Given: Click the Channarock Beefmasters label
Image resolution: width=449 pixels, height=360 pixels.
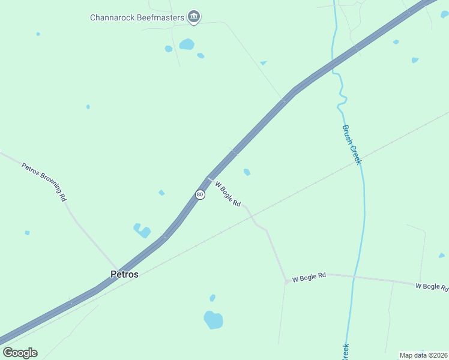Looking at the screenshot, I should [x=137, y=17].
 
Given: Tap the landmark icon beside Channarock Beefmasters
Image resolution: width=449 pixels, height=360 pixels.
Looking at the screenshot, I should [x=193, y=17].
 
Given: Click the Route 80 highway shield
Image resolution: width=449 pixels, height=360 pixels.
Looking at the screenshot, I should [x=200, y=195].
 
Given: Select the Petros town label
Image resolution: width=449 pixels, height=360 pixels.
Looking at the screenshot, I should [x=124, y=274].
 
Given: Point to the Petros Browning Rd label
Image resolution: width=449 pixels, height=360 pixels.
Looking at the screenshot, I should [x=44, y=181].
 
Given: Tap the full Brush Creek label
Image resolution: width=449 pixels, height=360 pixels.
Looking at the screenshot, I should [x=352, y=144].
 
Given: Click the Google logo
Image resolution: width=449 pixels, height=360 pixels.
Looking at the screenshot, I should [x=20, y=353].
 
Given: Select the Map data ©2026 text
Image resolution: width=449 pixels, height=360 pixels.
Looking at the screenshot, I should [x=423, y=355].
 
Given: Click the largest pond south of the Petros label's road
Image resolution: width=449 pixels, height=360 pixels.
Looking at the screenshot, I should [x=213, y=320].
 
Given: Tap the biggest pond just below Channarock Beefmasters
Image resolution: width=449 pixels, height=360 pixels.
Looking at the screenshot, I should [x=187, y=44].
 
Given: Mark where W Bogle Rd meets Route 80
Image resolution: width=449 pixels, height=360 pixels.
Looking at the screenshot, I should [x=208, y=178].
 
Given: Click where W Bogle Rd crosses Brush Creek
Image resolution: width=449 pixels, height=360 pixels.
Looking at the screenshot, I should [x=354, y=277].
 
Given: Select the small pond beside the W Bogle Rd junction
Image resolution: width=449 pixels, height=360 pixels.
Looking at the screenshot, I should [x=247, y=172].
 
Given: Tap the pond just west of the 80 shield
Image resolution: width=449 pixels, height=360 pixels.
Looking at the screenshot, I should [x=161, y=193].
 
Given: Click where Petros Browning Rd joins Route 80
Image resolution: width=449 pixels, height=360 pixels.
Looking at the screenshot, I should [x=118, y=271].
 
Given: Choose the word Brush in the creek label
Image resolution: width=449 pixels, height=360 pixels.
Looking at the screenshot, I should [x=348, y=133].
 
